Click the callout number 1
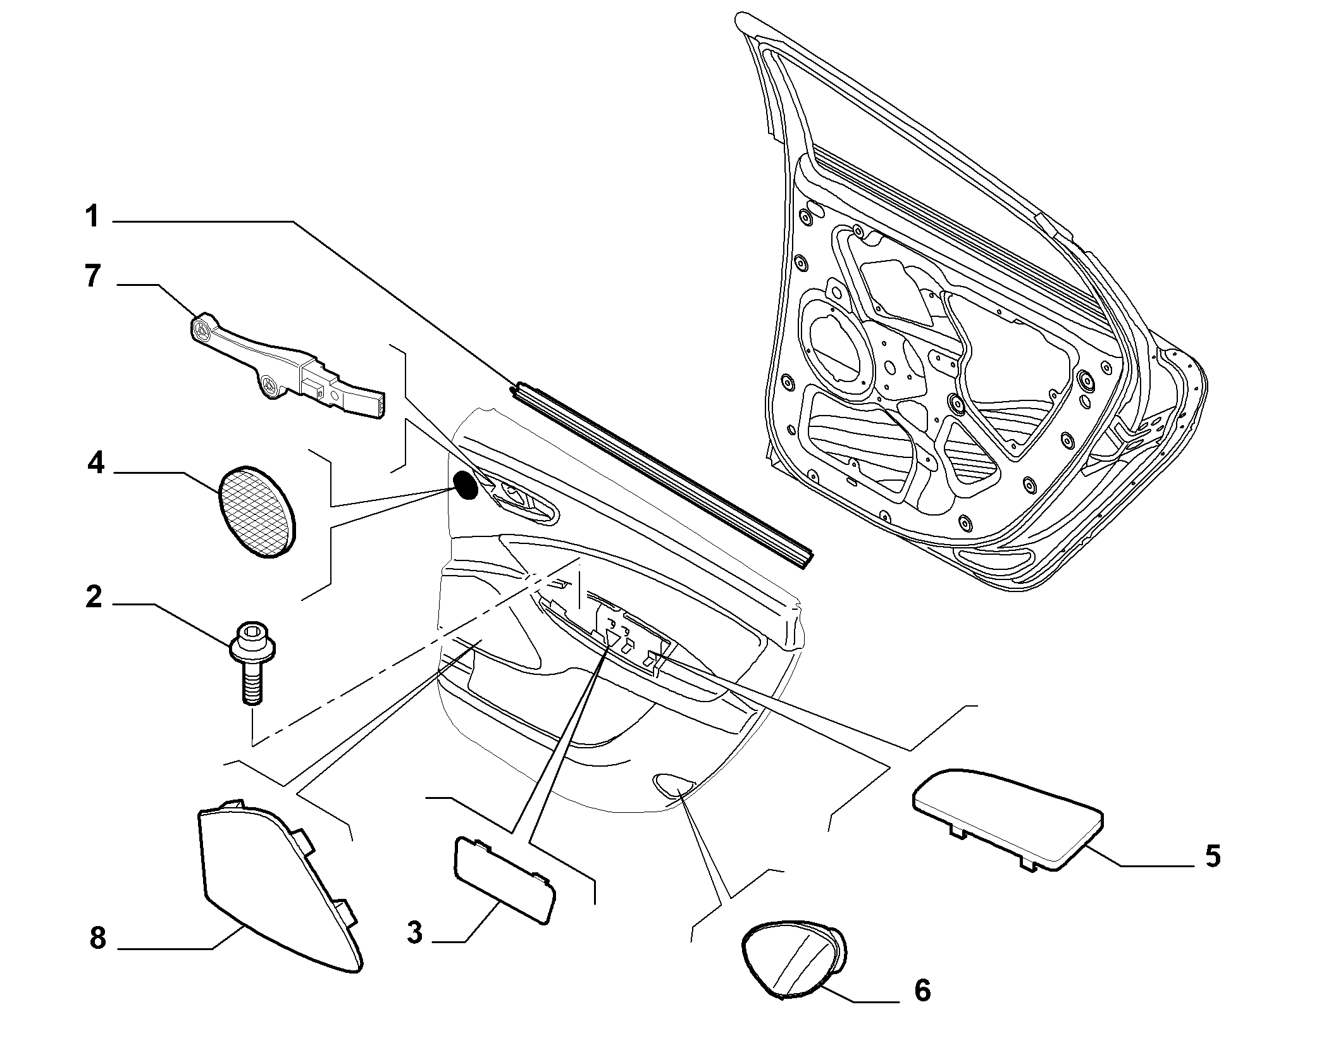[93, 216]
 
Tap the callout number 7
[93, 276]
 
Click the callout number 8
[97, 938]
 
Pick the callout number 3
[414, 932]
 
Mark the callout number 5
[1212, 856]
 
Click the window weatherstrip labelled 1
[662, 474]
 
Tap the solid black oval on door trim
[467, 485]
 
